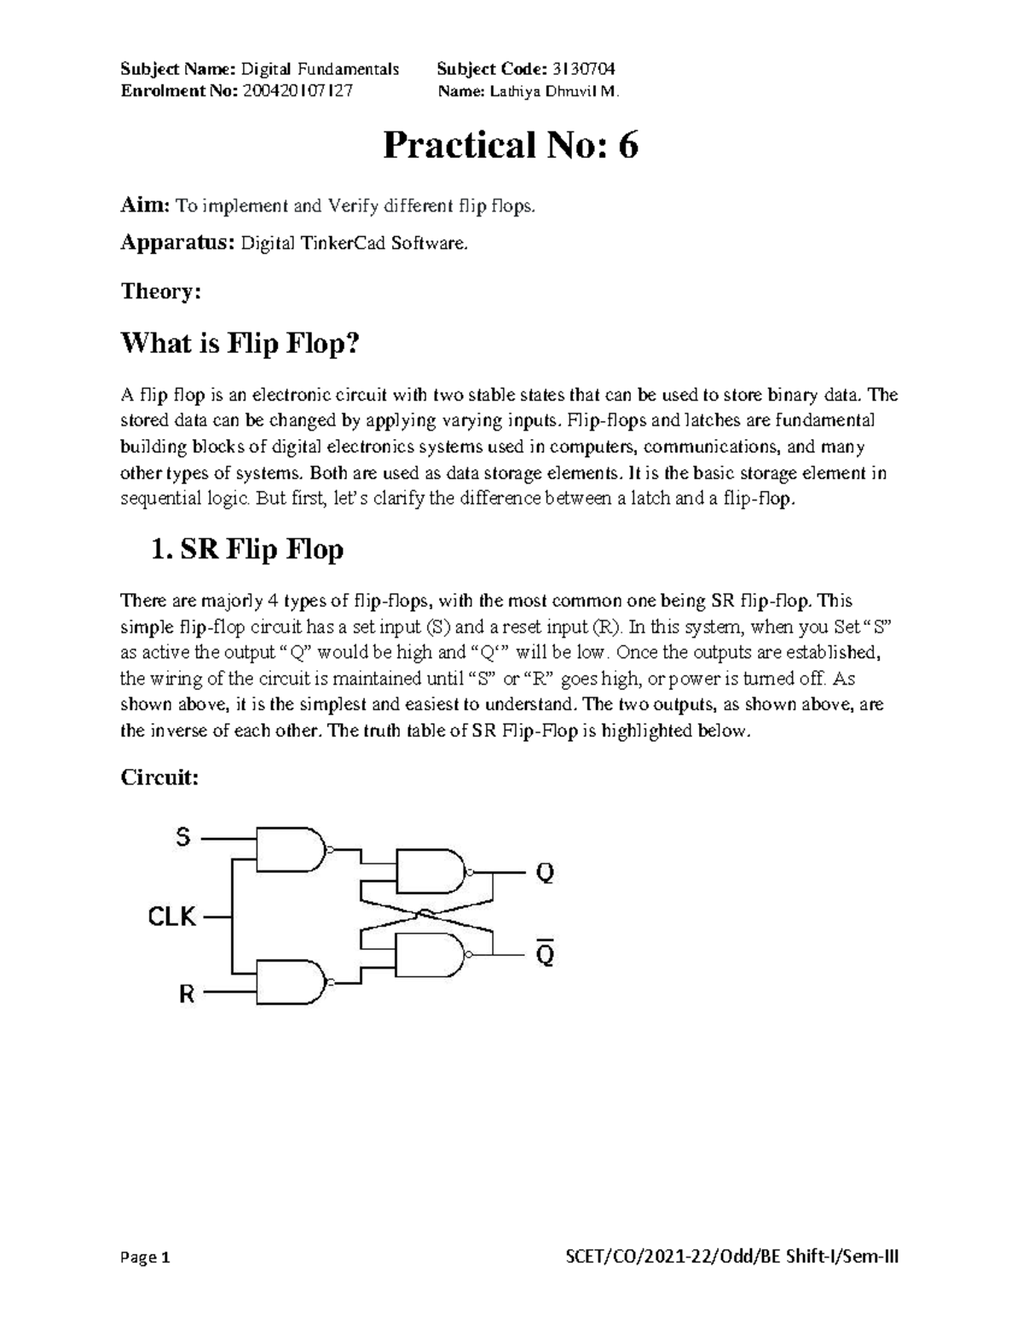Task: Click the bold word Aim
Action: point(143,205)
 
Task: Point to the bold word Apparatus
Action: point(176,244)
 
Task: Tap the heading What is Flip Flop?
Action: point(242,344)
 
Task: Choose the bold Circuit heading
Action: point(159,778)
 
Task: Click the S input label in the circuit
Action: point(183,838)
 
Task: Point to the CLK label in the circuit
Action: point(172,917)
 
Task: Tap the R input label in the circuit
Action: point(186,994)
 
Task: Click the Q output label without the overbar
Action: point(544,873)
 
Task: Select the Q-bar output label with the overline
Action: point(544,956)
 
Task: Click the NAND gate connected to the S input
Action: point(290,848)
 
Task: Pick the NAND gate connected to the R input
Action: point(290,984)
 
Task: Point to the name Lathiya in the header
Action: point(512,92)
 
